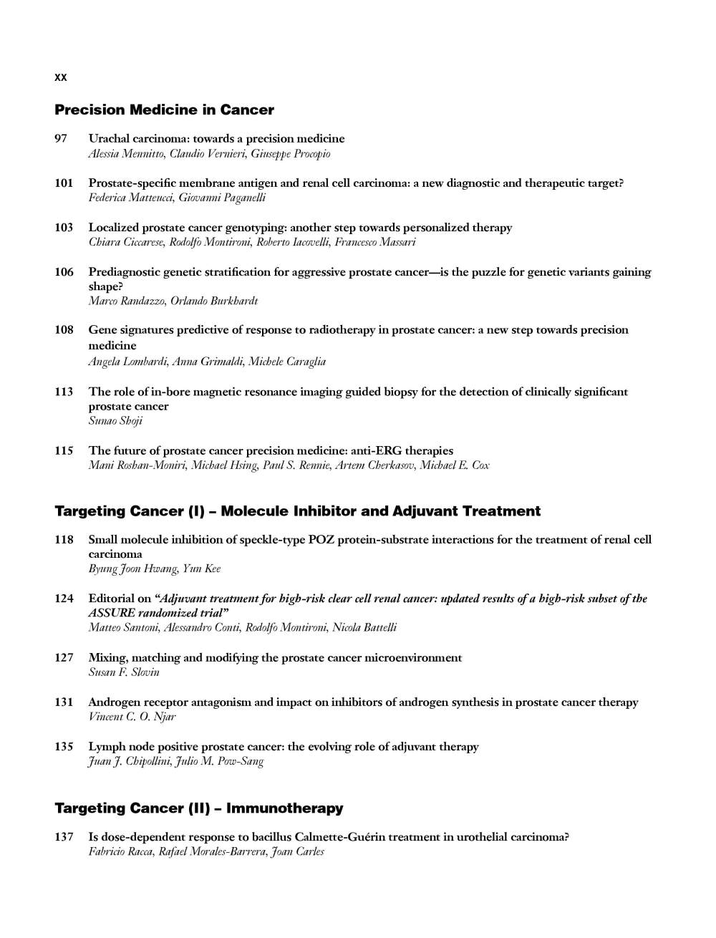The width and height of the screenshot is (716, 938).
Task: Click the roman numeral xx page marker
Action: click(61, 77)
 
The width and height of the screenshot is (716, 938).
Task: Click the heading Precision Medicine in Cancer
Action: click(164, 110)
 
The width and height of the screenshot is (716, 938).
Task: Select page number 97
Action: click(61, 138)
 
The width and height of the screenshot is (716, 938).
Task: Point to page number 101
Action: click(64, 183)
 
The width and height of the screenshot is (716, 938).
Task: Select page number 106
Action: click(64, 272)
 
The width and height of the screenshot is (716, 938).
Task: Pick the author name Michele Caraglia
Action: click(287, 362)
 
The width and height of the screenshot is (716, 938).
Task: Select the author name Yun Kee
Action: click(202, 569)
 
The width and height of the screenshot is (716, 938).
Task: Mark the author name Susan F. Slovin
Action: click(124, 672)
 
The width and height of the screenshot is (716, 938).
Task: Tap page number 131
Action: click(64, 702)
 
